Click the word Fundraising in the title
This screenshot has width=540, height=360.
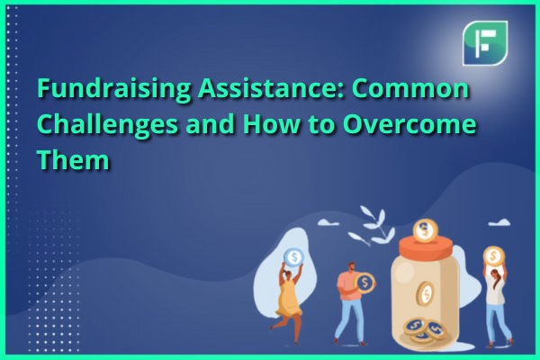pyautogui.click(x=113, y=90)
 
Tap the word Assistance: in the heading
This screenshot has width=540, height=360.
pyautogui.click(x=271, y=88)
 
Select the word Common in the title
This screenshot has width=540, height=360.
pyautogui.click(x=409, y=88)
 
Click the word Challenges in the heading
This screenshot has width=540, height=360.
pyautogui.click(x=107, y=125)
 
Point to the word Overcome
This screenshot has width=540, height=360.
pyautogui.click(x=409, y=124)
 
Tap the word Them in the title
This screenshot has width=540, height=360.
pyautogui.click(x=73, y=160)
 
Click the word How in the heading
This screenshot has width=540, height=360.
pyautogui.click(x=271, y=124)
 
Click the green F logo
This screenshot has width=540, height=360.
pyautogui.click(x=485, y=43)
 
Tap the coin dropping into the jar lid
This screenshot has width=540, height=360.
pyautogui.click(x=426, y=230)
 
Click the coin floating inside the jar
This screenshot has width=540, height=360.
pyautogui.click(x=426, y=293)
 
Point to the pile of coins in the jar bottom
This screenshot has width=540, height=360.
pyautogui.click(x=425, y=330)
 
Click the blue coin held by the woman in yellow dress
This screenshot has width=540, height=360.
pyautogui.click(x=293, y=257)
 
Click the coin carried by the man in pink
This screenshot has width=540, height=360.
pyautogui.click(x=364, y=283)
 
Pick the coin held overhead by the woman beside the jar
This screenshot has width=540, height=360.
pyautogui.click(x=494, y=256)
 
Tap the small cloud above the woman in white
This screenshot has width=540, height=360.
pyautogui.click(x=499, y=222)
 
